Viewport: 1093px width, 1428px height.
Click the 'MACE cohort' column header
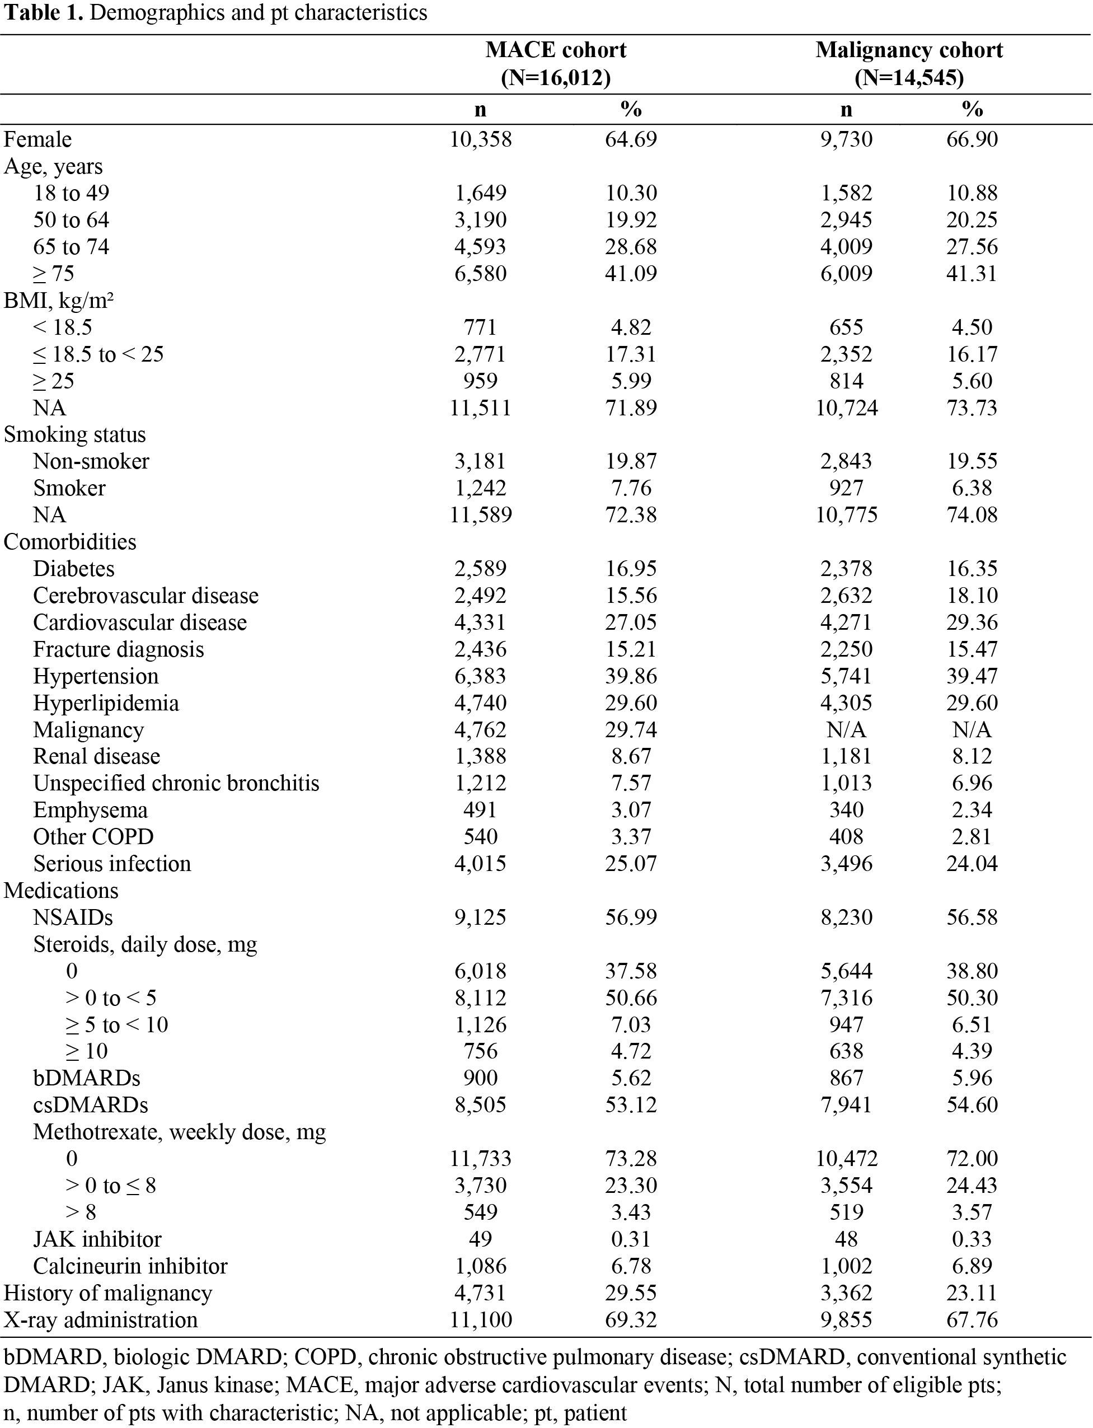pyautogui.click(x=556, y=50)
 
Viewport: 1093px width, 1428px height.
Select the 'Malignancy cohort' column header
pyautogui.click(x=909, y=50)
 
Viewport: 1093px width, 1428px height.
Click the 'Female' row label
pyautogui.click(x=37, y=139)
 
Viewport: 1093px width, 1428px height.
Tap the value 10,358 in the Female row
pyautogui.click(x=480, y=139)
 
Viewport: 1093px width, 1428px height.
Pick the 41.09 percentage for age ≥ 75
pyautogui.click(x=630, y=273)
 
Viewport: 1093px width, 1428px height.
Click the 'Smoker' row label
pyautogui.click(x=69, y=488)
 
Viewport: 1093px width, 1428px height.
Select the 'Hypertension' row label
pyautogui.click(x=96, y=676)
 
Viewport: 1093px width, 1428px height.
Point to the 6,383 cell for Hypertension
pyautogui.click(x=480, y=676)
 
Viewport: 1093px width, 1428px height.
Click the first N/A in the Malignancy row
pyautogui.click(x=846, y=730)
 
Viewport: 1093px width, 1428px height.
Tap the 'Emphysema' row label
pyautogui.click(x=91, y=810)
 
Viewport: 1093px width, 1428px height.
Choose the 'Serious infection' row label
pyautogui.click(x=112, y=863)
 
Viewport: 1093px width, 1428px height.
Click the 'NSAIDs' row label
pyautogui.click(x=73, y=917)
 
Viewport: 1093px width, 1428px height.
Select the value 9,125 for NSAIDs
pyautogui.click(x=480, y=917)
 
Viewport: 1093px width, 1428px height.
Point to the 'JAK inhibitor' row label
pyautogui.click(x=97, y=1239)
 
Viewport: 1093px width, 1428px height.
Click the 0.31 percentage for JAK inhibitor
pyautogui.click(x=630, y=1239)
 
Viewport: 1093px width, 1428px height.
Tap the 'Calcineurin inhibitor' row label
pyautogui.click(x=130, y=1266)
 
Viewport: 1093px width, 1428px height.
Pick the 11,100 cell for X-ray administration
pyautogui.click(x=480, y=1319)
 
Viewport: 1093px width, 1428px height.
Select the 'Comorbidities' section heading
pyautogui.click(x=71, y=542)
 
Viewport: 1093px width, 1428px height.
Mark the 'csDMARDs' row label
pyautogui.click(x=91, y=1104)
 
